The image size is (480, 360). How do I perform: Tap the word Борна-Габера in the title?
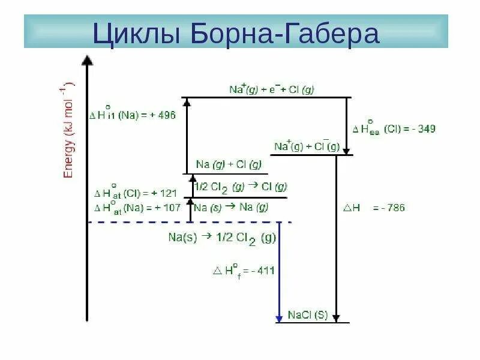(x=285, y=34)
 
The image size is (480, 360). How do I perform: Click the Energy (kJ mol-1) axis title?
(x=68, y=129)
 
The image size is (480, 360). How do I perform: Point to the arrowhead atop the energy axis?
(x=88, y=60)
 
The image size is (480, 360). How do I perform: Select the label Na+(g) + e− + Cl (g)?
(x=272, y=89)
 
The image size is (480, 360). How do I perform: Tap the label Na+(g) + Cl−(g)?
(x=307, y=146)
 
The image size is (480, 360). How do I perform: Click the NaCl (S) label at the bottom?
(x=308, y=314)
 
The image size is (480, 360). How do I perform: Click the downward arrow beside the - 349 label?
(x=346, y=126)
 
